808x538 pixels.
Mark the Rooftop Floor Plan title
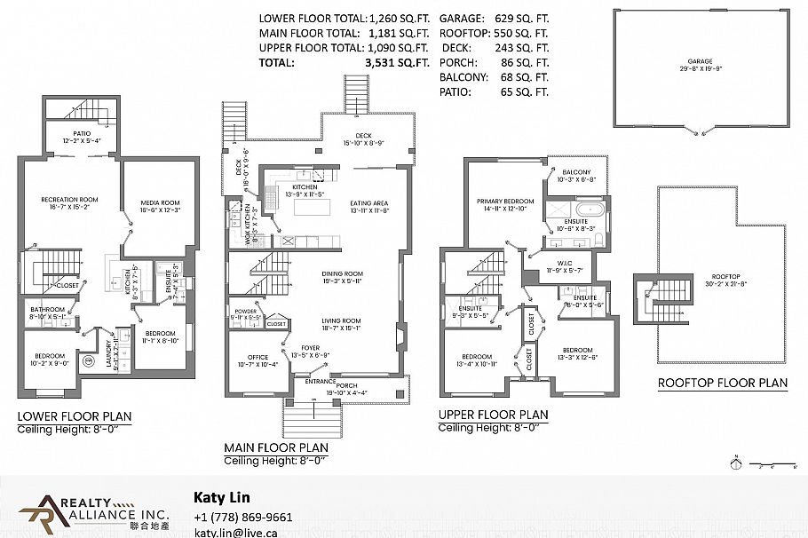(x=722, y=384)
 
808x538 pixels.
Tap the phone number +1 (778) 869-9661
(x=242, y=518)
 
